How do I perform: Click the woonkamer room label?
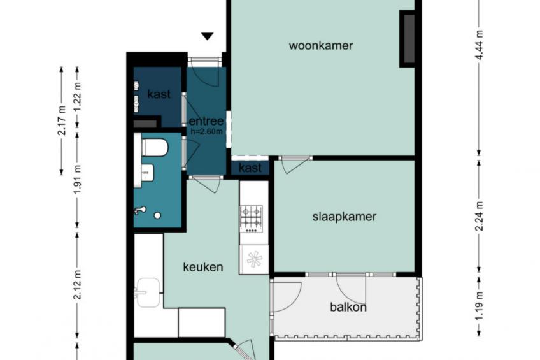point(321,45)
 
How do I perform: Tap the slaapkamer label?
point(345,217)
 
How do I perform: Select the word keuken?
point(203,267)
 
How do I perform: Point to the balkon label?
point(348,307)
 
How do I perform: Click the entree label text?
point(206,121)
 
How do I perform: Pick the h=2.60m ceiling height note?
point(206,131)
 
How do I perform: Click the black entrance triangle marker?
point(208,36)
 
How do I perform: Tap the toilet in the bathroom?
point(155,147)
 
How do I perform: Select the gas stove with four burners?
point(251,219)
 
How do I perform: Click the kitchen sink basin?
point(148,292)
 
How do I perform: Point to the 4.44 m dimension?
point(479,45)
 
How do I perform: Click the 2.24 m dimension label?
point(479,216)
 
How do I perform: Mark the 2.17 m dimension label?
point(62,120)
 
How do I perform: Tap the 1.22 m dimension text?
point(78,97)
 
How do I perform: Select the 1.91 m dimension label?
point(78,179)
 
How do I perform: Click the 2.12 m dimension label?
point(78,285)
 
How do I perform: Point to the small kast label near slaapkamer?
point(250,168)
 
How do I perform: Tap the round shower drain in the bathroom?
point(157,215)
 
